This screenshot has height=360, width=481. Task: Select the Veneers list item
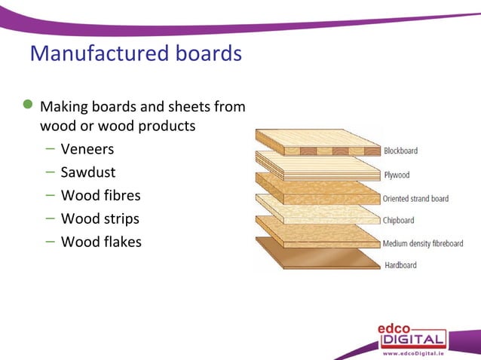[x=87, y=149]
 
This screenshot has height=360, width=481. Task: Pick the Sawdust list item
[x=87, y=172]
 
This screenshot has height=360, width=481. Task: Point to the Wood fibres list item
[x=100, y=196]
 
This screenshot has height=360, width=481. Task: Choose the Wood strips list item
[x=100, y=219]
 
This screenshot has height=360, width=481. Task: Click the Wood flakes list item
[x=101, y=243]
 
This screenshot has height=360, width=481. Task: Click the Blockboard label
[x=400, y=151]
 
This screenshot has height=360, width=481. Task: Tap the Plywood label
[x=397, y=175]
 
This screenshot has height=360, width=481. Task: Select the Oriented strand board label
[x=415, y=199]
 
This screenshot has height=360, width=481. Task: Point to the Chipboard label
[x=400, y=221]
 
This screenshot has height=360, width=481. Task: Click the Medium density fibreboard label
[x=423, y=243]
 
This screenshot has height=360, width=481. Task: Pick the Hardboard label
[x=400, y=265]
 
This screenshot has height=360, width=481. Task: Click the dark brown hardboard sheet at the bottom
[x=317, y=257]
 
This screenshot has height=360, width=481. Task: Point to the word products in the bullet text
[x=167, y=126]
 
